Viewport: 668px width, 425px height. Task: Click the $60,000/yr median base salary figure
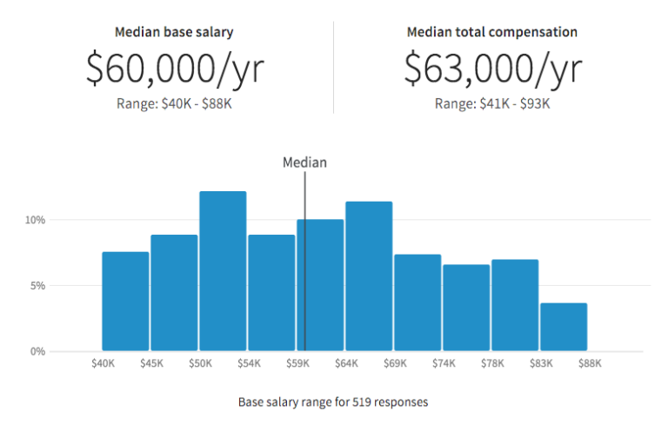pyautogui.click(x=174, y=69)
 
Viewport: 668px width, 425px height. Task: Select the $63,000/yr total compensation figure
pyautogui.click(x=492, y=69)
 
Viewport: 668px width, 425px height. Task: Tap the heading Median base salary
pyautogui.click(x=174, y=32)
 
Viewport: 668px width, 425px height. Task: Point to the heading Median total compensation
pyautogui.click(x=492, y=32)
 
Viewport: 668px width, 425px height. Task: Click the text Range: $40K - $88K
pyautogui.click(x=174, y=103)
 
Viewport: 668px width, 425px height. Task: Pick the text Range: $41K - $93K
pyautogui.click(x=492, y=103)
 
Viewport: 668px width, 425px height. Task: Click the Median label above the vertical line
pyautogui.click(x=304, y=162)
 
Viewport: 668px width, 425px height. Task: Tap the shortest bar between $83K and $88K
pyautogui.click(x=564, y=327)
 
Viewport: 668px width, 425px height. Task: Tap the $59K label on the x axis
pyautogui.click(x=297, y=363)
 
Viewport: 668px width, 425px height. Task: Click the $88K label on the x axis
pyautogui.click(x=589, y=363)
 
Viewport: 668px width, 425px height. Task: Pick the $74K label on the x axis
pyautogui.click(x=444, y=363)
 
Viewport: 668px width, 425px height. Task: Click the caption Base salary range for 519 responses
pyautogui.click(x=333, y=402)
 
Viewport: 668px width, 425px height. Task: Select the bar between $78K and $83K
pyautogui.click(x=515, y=305)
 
